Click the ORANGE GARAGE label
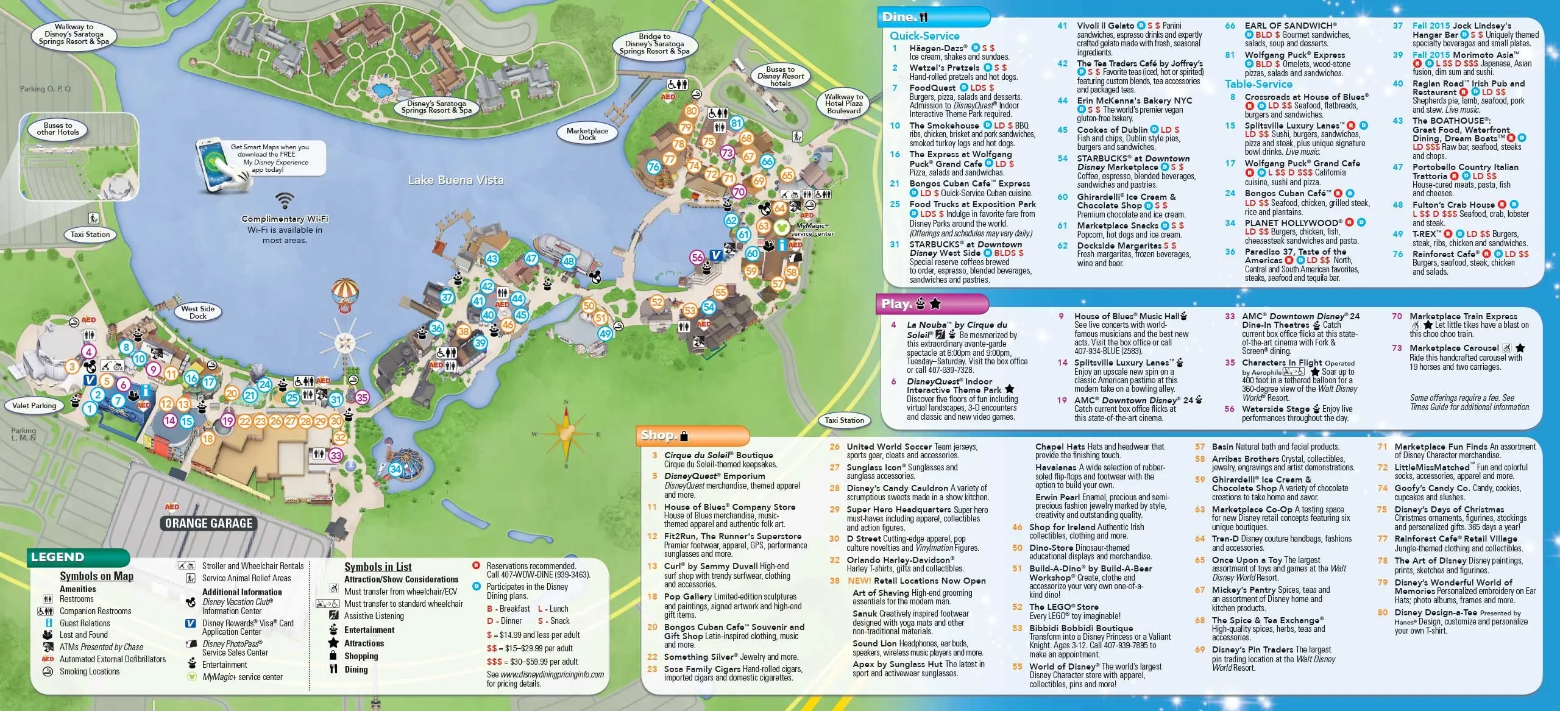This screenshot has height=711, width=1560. click(208, 523)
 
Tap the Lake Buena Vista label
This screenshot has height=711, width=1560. click(456, 180)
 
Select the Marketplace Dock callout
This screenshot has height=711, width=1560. click(587, 134)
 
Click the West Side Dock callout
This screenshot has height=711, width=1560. click(197, 312)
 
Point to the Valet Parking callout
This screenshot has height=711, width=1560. click(34, 405)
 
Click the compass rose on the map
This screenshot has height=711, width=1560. click(566, 433)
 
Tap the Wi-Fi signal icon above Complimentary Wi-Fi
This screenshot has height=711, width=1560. click(284, 200)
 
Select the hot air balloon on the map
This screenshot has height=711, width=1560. click(345, 295)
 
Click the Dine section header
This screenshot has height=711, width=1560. click(904, 17)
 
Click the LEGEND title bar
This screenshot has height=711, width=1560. click(58, 557)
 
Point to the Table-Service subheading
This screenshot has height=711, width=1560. click(1258, 84)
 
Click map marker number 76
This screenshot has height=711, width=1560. click(654, 166)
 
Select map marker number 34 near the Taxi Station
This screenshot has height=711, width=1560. click(395, 469)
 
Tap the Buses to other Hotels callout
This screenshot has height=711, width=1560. click(58, 129)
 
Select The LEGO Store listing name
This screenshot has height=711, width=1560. click(1064, 607)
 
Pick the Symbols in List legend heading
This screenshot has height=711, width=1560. click(378, 567)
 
